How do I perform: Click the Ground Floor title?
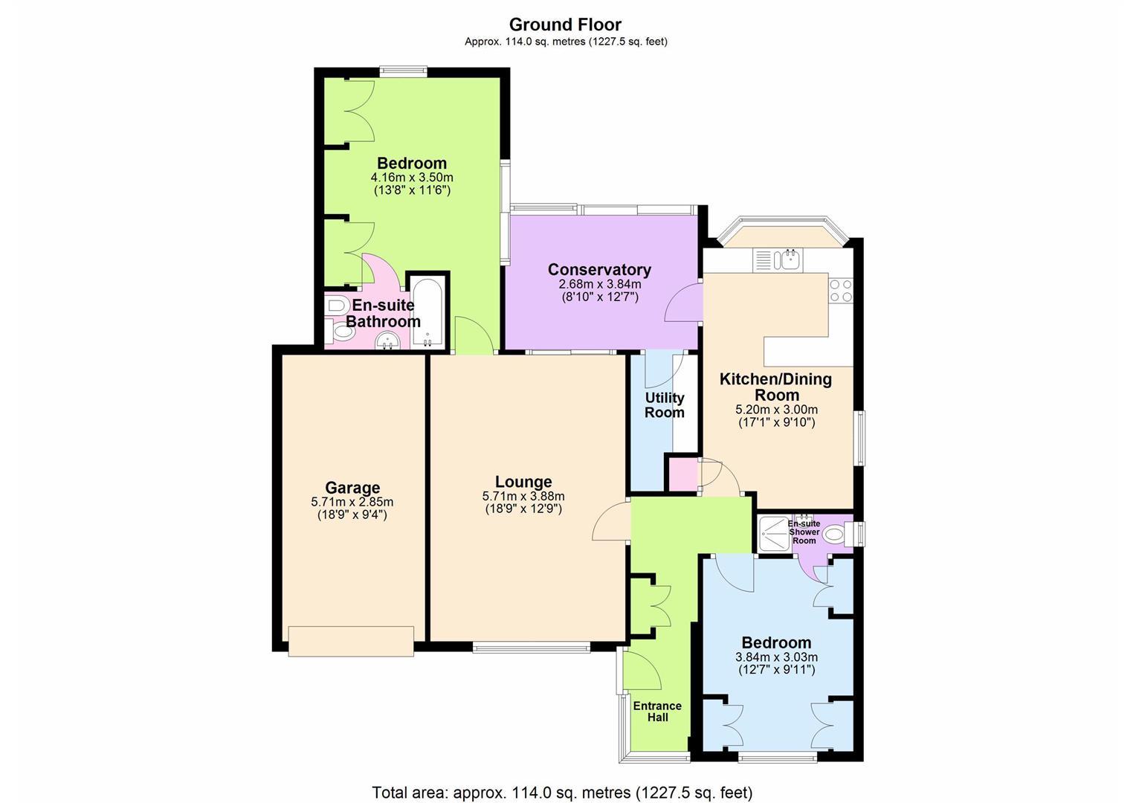[565, 25]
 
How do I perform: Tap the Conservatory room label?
[599, 269]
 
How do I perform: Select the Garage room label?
[352, 488]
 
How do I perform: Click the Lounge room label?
[523, 481]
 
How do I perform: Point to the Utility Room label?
[665, 404]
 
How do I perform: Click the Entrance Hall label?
[657, 712]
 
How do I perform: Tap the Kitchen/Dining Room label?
[776, 387]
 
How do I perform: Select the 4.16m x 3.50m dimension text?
[412, 178]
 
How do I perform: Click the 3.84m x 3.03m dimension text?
[776, 657]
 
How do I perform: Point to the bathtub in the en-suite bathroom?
[427, 312]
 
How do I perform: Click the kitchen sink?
[790, 259]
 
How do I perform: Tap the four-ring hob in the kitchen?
[841, 290]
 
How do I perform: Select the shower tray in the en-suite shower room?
[774, 534]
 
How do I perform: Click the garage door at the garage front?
[351, 641]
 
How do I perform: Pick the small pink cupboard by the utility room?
[683, 474]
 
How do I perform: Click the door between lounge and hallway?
[611, 521]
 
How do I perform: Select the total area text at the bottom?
[562, 792]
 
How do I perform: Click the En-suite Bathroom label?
[383, 313]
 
